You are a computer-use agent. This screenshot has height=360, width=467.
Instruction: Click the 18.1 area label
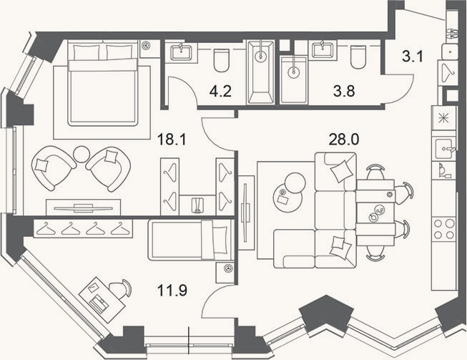point(172,139)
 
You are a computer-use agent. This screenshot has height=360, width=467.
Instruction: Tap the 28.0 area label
point(344,139)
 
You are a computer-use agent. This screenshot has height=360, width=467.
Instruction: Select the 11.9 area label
point(172,291)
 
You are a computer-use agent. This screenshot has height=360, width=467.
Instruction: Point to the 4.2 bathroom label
point(220,91)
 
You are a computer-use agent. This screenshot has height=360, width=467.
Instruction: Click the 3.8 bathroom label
point(344,91)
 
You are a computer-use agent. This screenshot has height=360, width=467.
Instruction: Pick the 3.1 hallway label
point(413,57)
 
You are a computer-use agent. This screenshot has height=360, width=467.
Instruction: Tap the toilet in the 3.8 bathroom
point(358,57)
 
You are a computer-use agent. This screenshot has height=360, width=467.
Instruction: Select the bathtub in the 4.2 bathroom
point(261,72)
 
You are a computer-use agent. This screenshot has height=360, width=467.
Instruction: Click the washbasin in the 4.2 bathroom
point(182,52)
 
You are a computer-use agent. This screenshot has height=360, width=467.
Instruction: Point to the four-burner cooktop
point(444,228)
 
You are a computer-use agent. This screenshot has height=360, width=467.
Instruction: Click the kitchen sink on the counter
point(444,149)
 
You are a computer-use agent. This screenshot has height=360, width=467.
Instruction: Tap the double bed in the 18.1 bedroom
point(103,83)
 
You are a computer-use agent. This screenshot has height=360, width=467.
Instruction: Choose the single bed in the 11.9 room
point(190,240)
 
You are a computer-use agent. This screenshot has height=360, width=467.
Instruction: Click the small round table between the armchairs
point(82,154)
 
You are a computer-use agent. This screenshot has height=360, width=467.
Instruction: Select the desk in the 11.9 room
point(102,299)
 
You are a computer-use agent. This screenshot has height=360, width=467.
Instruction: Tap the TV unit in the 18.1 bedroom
point(84,208)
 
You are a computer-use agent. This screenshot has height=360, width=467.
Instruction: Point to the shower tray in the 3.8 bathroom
point(294,79)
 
